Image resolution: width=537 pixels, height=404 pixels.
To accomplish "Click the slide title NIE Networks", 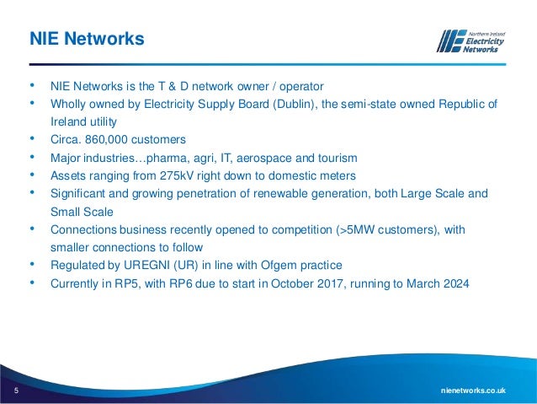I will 87,39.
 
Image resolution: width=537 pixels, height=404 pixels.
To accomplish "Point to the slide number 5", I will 15,391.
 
